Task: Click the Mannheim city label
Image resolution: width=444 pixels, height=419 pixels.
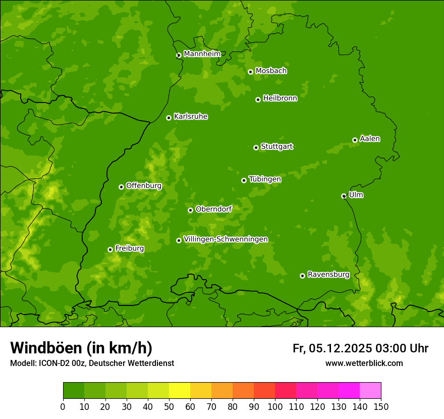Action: point(202,54)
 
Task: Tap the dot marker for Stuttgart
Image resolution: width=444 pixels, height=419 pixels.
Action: point(256,147)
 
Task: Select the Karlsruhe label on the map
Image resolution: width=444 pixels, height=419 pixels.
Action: point(191,117)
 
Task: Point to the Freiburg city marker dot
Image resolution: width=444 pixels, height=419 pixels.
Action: point(110,249)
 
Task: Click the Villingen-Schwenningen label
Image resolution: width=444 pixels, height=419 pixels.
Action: point(226,239)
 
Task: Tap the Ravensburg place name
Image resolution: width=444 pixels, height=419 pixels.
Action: point(328,275)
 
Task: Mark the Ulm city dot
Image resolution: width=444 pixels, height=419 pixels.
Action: point(344,196)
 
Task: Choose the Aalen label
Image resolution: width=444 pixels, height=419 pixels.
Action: point(370,139)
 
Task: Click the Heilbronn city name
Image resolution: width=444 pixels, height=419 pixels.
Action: point(280,98)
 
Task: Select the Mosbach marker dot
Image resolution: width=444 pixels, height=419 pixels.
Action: point(250,72)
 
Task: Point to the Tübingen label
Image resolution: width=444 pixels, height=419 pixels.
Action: point(265,179)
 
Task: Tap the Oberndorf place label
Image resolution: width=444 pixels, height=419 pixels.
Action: point(214,209)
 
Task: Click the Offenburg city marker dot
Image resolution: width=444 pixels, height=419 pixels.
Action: point(121,187)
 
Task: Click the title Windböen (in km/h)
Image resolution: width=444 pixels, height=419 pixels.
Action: point(81,348)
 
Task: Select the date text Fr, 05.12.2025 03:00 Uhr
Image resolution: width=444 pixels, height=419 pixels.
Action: point(360,348)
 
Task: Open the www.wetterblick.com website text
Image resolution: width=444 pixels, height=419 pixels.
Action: point(364,363)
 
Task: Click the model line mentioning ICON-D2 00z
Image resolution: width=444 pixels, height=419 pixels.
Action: point(92,363)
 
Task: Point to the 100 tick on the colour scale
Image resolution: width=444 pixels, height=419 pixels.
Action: point(275,406)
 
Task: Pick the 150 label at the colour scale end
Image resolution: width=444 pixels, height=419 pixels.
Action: point(381,406)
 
